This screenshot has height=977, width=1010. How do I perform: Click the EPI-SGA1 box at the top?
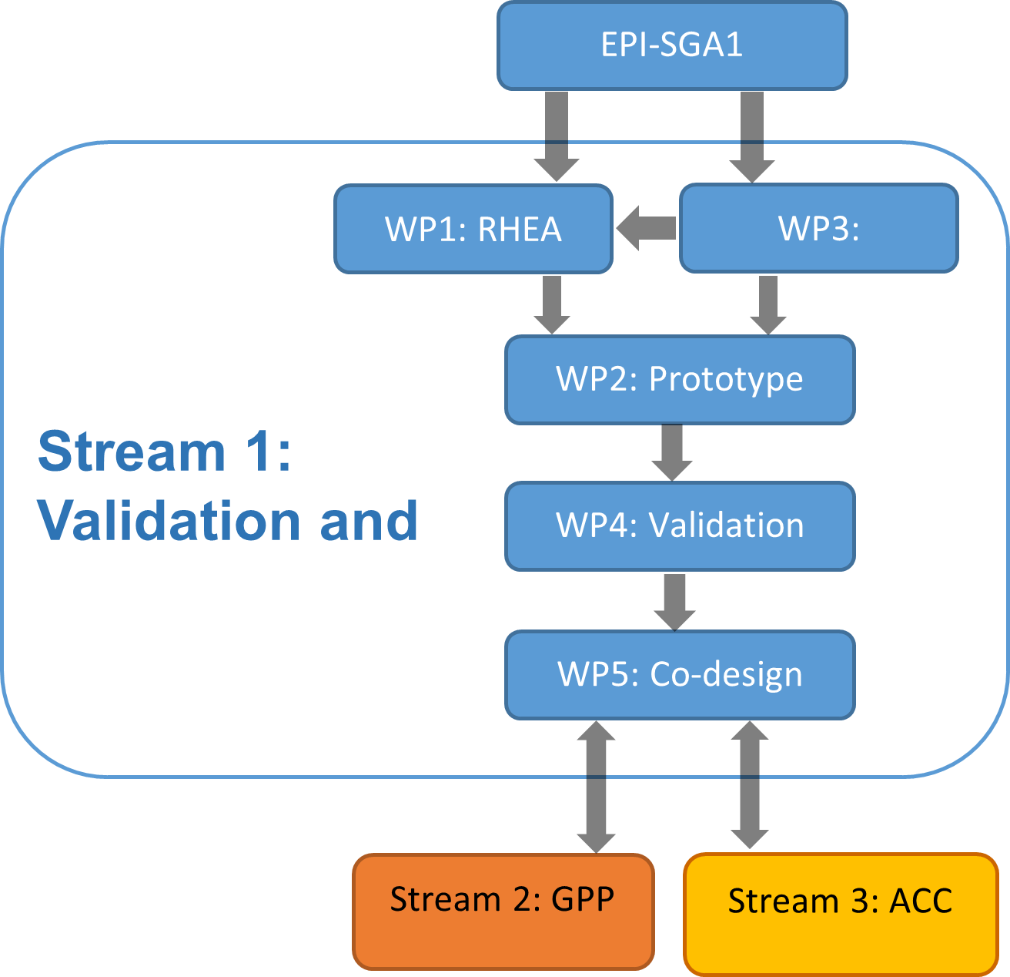[672, 45]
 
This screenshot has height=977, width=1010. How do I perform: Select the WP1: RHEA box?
[473, 229]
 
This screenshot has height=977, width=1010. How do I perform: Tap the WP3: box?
[818, 228]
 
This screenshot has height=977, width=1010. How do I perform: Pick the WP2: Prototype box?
[680, 379]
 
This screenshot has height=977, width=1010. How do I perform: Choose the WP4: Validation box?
[680, 526]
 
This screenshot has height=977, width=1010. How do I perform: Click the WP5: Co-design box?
[680, 675]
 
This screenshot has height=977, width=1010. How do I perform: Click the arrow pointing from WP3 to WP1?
[646, 228]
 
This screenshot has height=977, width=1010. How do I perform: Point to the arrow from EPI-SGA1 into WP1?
[557, 160]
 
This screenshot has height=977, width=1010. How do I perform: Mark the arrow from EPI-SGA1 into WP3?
[752, 160]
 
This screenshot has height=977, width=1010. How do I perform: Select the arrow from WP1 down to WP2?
[551, 304]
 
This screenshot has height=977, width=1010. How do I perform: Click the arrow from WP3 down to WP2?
[768, 304]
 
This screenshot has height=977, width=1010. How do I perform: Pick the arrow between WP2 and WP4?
[672, 452]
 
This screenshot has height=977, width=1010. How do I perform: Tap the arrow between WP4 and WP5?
[674, 601]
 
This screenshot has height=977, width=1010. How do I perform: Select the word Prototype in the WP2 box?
[726, 379]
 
